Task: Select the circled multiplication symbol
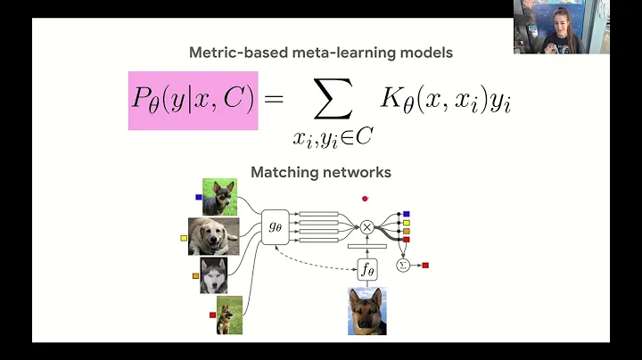(x=366, y=227)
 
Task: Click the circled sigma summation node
(x=402, y=265)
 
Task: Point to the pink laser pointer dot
(x=365, y=199)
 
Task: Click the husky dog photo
(x=214, y=275)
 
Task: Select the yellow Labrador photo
(x=214, y=236)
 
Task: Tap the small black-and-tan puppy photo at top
(x=219, y=196)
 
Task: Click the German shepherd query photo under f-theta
(x=366, y=310)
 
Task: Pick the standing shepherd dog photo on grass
(x=229, y=315)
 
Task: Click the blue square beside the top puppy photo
(x=198, y=197)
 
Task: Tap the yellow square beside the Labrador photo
(x=184, y=238)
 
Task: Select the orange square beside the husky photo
(x=195, y=276)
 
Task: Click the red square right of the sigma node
(x=425, y=266)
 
